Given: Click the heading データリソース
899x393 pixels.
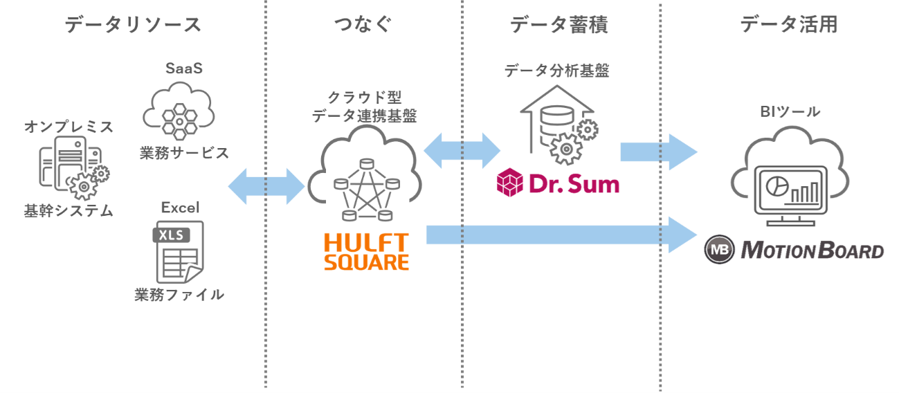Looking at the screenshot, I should (x=133, y=25).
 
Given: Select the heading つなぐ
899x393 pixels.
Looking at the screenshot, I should (x=363, y=25).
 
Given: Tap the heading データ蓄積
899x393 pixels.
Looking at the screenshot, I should (x=559, y=25).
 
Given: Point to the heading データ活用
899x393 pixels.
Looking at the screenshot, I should (x=788, y=25).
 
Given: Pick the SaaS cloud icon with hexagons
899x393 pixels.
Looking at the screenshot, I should (x=180, y=111).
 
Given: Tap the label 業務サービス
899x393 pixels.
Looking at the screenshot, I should (x=184, y=153).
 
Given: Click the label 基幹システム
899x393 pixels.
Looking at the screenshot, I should (x=69, y=211).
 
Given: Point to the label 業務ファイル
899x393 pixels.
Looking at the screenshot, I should (x=179, y=295).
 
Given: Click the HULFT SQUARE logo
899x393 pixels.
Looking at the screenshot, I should (x=366, y=251).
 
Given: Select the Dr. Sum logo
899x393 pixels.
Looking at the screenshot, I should (x=558, y=183).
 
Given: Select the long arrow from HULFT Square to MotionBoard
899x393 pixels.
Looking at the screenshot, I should (x=561, y=235).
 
